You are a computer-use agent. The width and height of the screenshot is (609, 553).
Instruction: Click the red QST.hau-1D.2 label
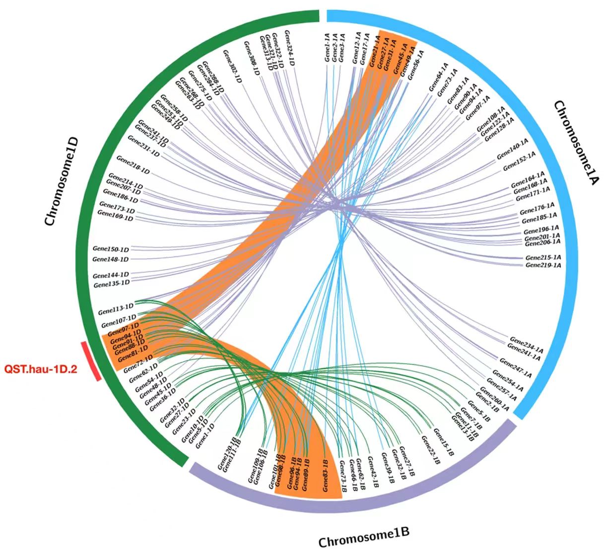pyautogui.click(x=41, y=369)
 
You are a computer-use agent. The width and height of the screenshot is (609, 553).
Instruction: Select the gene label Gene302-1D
pyautogui.click(x=232, y=67)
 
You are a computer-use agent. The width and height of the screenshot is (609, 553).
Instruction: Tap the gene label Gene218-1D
pyautogui.click(x=133, y=165)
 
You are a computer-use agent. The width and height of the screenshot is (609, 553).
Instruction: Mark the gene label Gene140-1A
pyautogui.click(x=512, y=150)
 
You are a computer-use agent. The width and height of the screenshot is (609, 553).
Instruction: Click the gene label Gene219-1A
pyautogui.click(x=543, y=265)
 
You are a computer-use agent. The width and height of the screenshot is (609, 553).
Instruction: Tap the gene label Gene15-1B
pyautogui.click(x=443, y=442)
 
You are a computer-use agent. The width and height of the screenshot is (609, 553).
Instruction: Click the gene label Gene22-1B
pyautogui.click(x=430, y=450)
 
